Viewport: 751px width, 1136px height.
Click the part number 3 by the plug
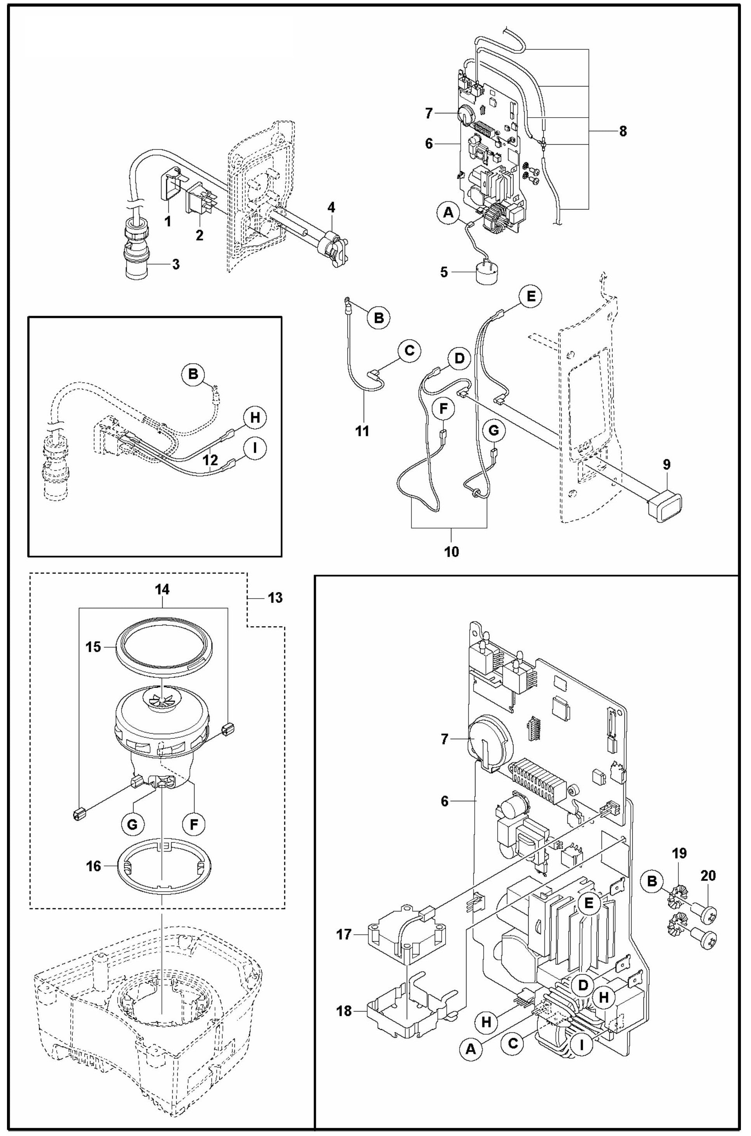[176, 264]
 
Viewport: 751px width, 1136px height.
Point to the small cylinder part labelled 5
[487, 274]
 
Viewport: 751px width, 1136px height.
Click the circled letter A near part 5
[448, 213]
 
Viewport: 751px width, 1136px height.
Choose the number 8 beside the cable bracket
[623, 131]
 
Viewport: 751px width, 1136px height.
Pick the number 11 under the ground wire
[362, 430]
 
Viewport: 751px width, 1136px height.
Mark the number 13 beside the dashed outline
[275, 597]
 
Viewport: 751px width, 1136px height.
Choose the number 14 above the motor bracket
[162, 589]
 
